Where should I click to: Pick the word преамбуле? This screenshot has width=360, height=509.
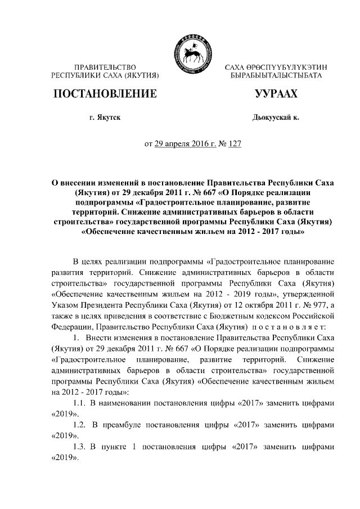(130, 424)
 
